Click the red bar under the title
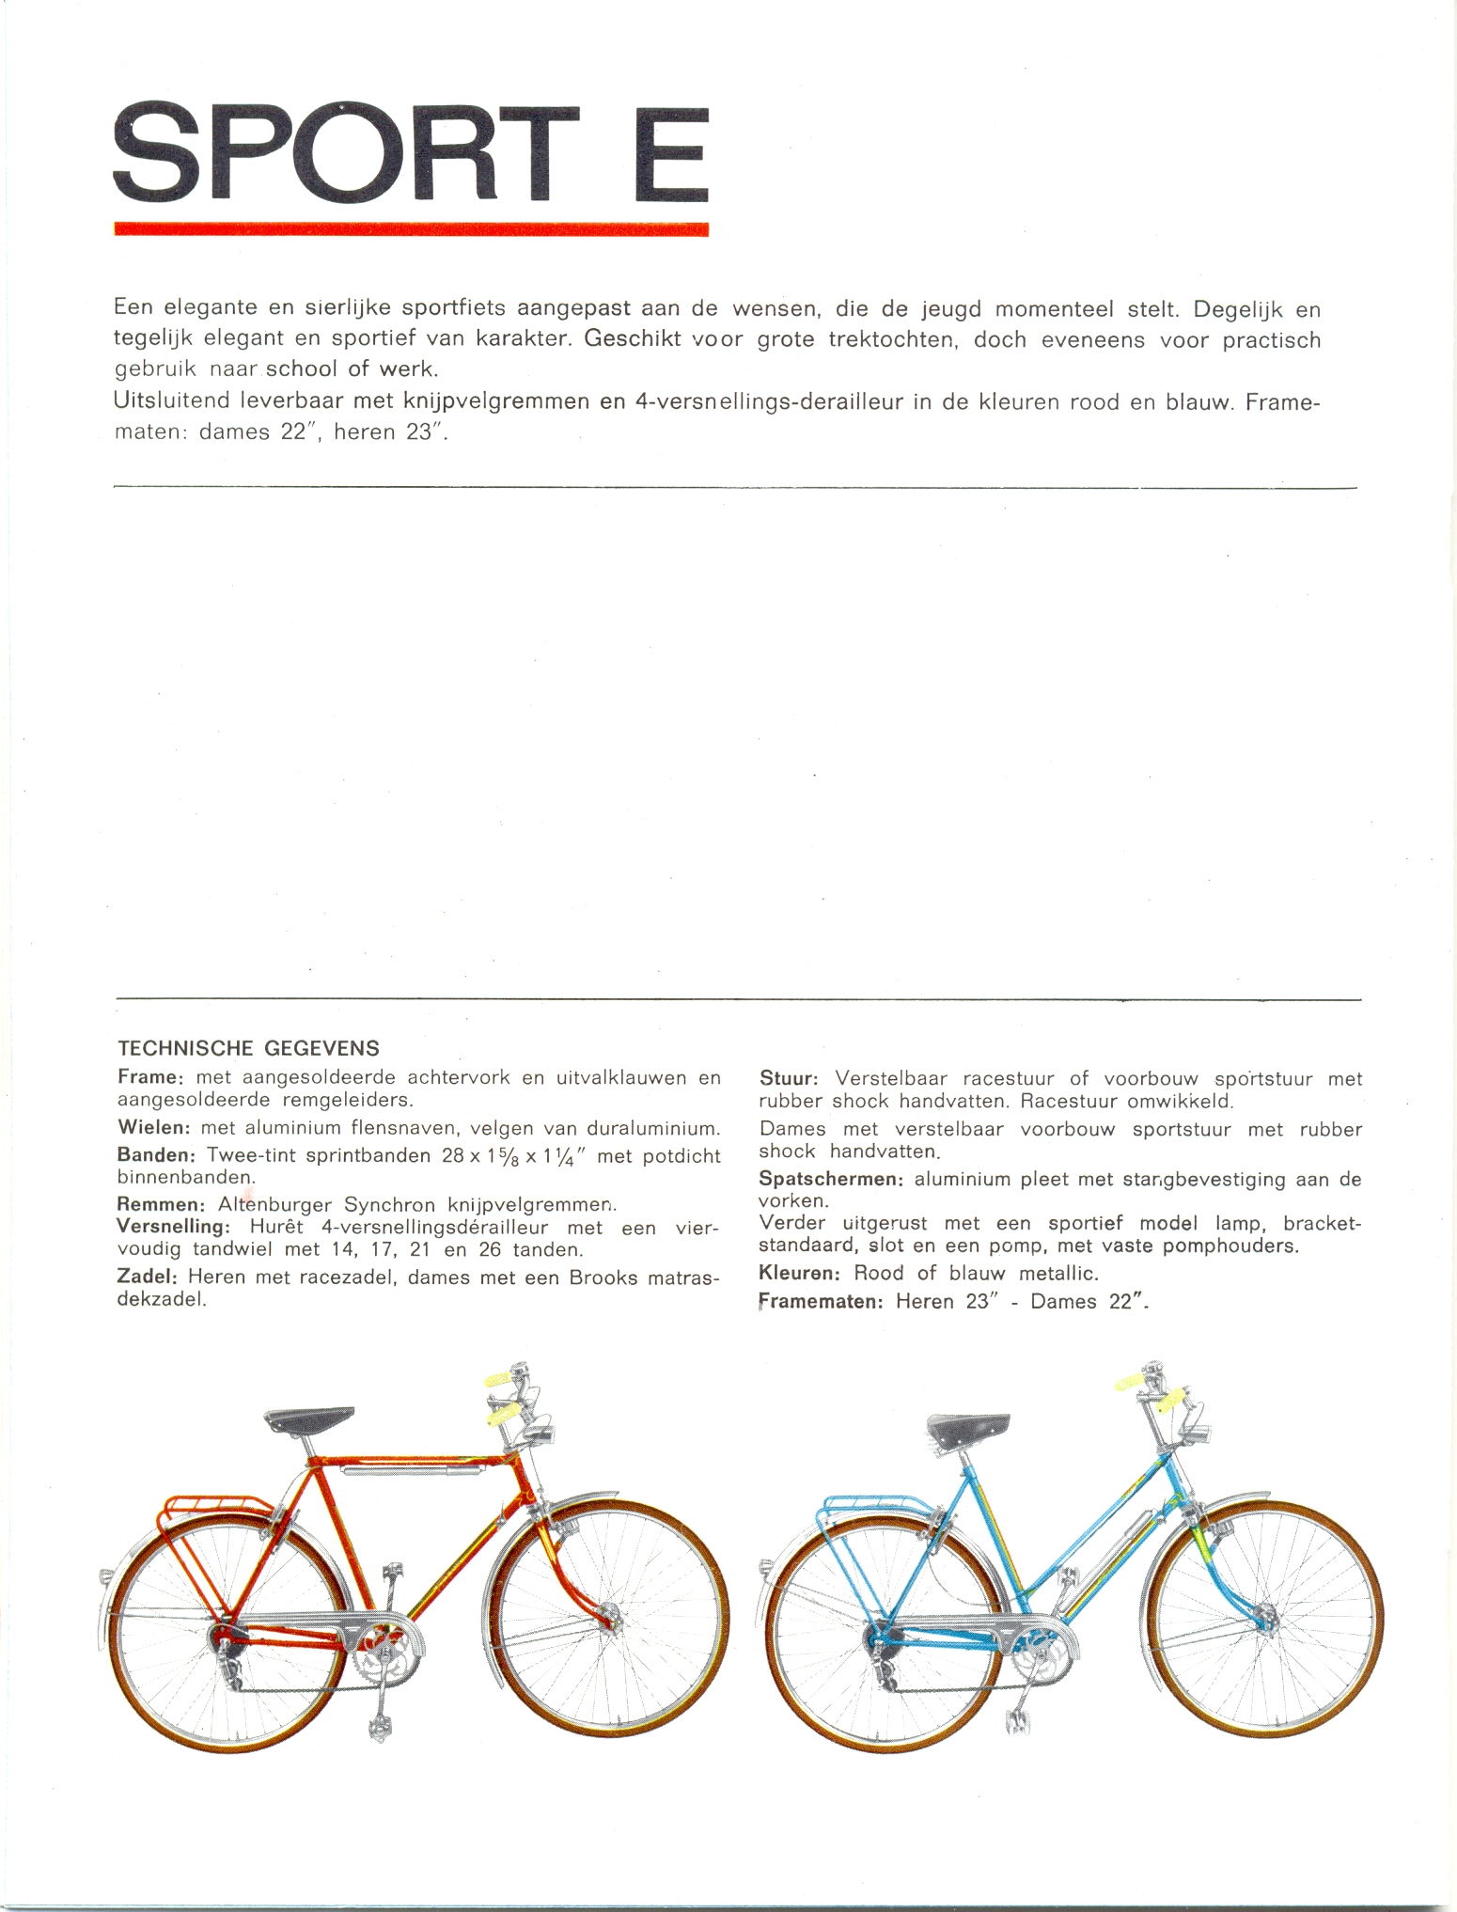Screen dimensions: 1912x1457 click(411, 228)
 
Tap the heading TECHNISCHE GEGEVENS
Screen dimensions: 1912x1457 click(248, 1047)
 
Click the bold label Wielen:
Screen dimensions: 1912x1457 click(153, 1127)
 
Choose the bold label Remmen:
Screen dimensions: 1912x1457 click(160, 1204)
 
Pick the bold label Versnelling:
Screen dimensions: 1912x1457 click(174, 1227)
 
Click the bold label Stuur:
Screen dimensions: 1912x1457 click(790, 1078)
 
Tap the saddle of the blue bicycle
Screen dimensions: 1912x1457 click(968, 1431)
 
